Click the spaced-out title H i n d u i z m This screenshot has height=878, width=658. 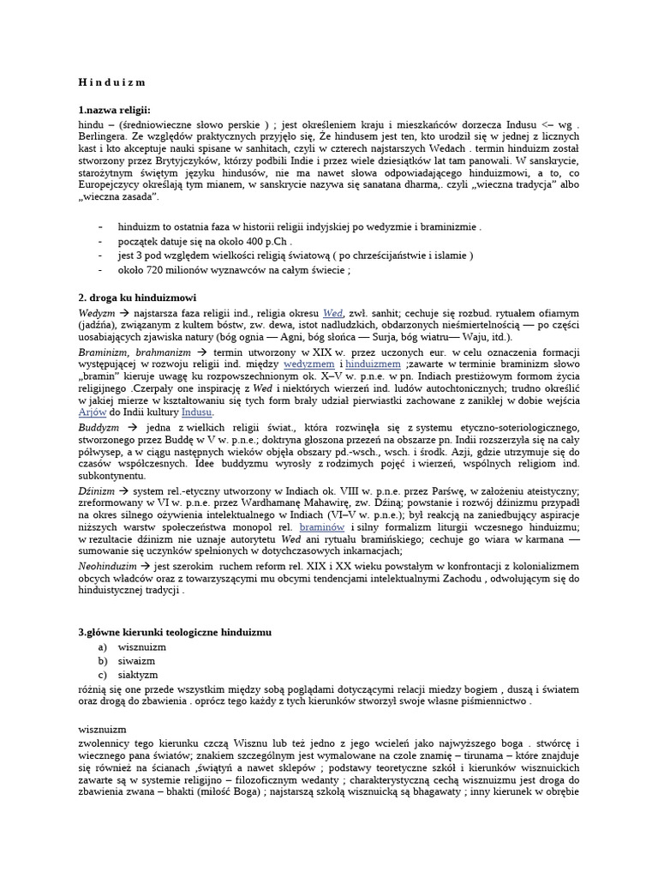point(111,82)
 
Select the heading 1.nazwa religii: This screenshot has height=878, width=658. point(114,111)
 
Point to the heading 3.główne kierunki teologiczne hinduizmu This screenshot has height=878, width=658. point(174,632)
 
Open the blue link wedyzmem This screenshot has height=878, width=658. point(309,364)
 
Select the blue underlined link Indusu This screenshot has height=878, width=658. point(196,412)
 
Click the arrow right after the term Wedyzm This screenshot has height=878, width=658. point(123,314)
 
